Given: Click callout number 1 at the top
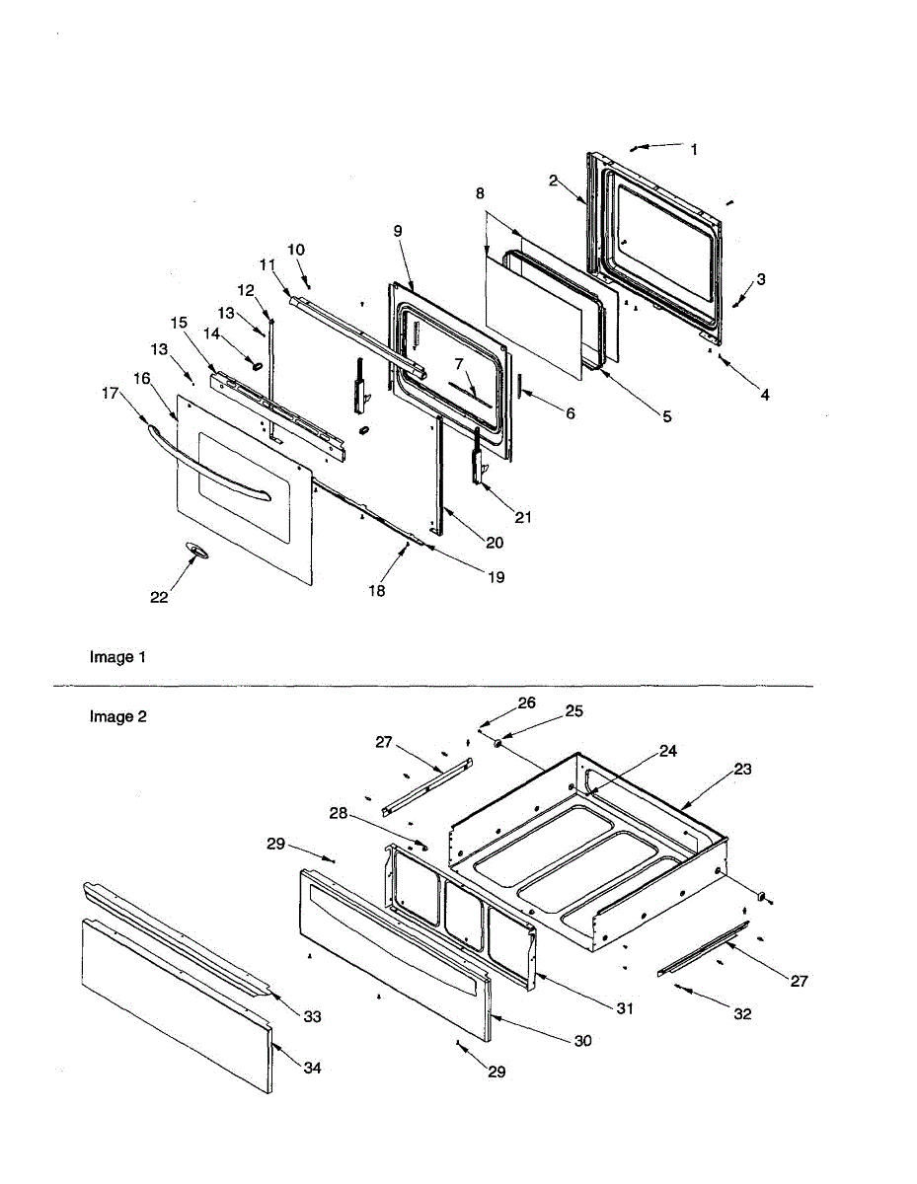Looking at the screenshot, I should tap(694, 150).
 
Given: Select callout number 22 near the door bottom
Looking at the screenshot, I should tap(160, 597).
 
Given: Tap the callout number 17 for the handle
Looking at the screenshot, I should tap(110, 393).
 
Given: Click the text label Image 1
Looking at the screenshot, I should tap(117, 657).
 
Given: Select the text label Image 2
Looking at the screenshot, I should tap(117, 717).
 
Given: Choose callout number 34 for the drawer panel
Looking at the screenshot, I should tap(312, 1068).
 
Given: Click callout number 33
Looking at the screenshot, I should tap(312, 1016).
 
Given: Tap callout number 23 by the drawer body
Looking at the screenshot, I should tap(742, 769).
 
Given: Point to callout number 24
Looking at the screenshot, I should tap(668, 751).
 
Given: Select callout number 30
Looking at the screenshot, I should tap(583, 1041).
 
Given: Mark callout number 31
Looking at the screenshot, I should tap(623, 1008).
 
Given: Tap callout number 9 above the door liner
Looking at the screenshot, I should tap(397, 231).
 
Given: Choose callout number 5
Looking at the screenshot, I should tap(666, 417).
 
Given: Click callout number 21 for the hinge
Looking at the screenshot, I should tap(522, 516).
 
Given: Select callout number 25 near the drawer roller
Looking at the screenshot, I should tap(573, 711).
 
